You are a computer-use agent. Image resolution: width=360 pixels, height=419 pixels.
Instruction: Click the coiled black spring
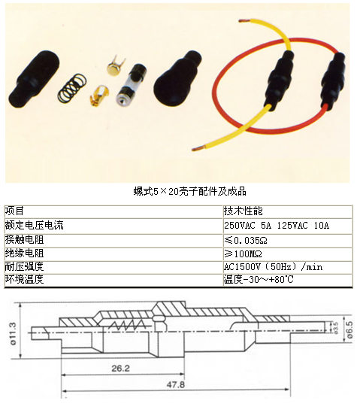tap(72, 88)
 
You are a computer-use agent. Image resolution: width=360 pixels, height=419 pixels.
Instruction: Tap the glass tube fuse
tap(131, 84)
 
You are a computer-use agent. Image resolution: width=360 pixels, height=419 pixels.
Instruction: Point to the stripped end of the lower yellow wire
tap(198, 147)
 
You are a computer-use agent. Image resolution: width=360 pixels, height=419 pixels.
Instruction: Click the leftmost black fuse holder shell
tap(34, 79)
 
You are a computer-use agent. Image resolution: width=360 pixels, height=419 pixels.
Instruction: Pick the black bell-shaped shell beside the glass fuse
tap(177, 78)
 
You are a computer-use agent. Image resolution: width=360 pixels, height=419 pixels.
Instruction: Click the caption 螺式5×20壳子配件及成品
tap(189, 191)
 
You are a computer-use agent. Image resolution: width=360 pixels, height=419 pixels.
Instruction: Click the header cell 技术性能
tap(244, 211)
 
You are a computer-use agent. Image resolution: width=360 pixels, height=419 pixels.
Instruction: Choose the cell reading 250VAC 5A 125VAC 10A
tap(277, 226)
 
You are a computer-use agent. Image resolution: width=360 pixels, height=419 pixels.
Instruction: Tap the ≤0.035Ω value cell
tap(246, 240)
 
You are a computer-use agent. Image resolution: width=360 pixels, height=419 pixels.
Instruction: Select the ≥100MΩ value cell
tap(243, 254)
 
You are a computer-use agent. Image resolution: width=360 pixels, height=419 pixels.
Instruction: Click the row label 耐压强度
tap(24, 266)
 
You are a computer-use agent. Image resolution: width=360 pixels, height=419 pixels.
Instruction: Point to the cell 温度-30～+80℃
tap(259, 280)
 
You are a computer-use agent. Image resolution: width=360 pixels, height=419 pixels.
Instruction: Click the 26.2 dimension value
tap(120, 369)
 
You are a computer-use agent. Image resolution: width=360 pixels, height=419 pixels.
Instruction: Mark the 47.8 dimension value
tap(175, 384)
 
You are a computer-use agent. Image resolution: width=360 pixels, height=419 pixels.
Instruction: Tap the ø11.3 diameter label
tap(13, 333)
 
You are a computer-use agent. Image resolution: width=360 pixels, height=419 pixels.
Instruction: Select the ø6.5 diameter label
tap(349, 329)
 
